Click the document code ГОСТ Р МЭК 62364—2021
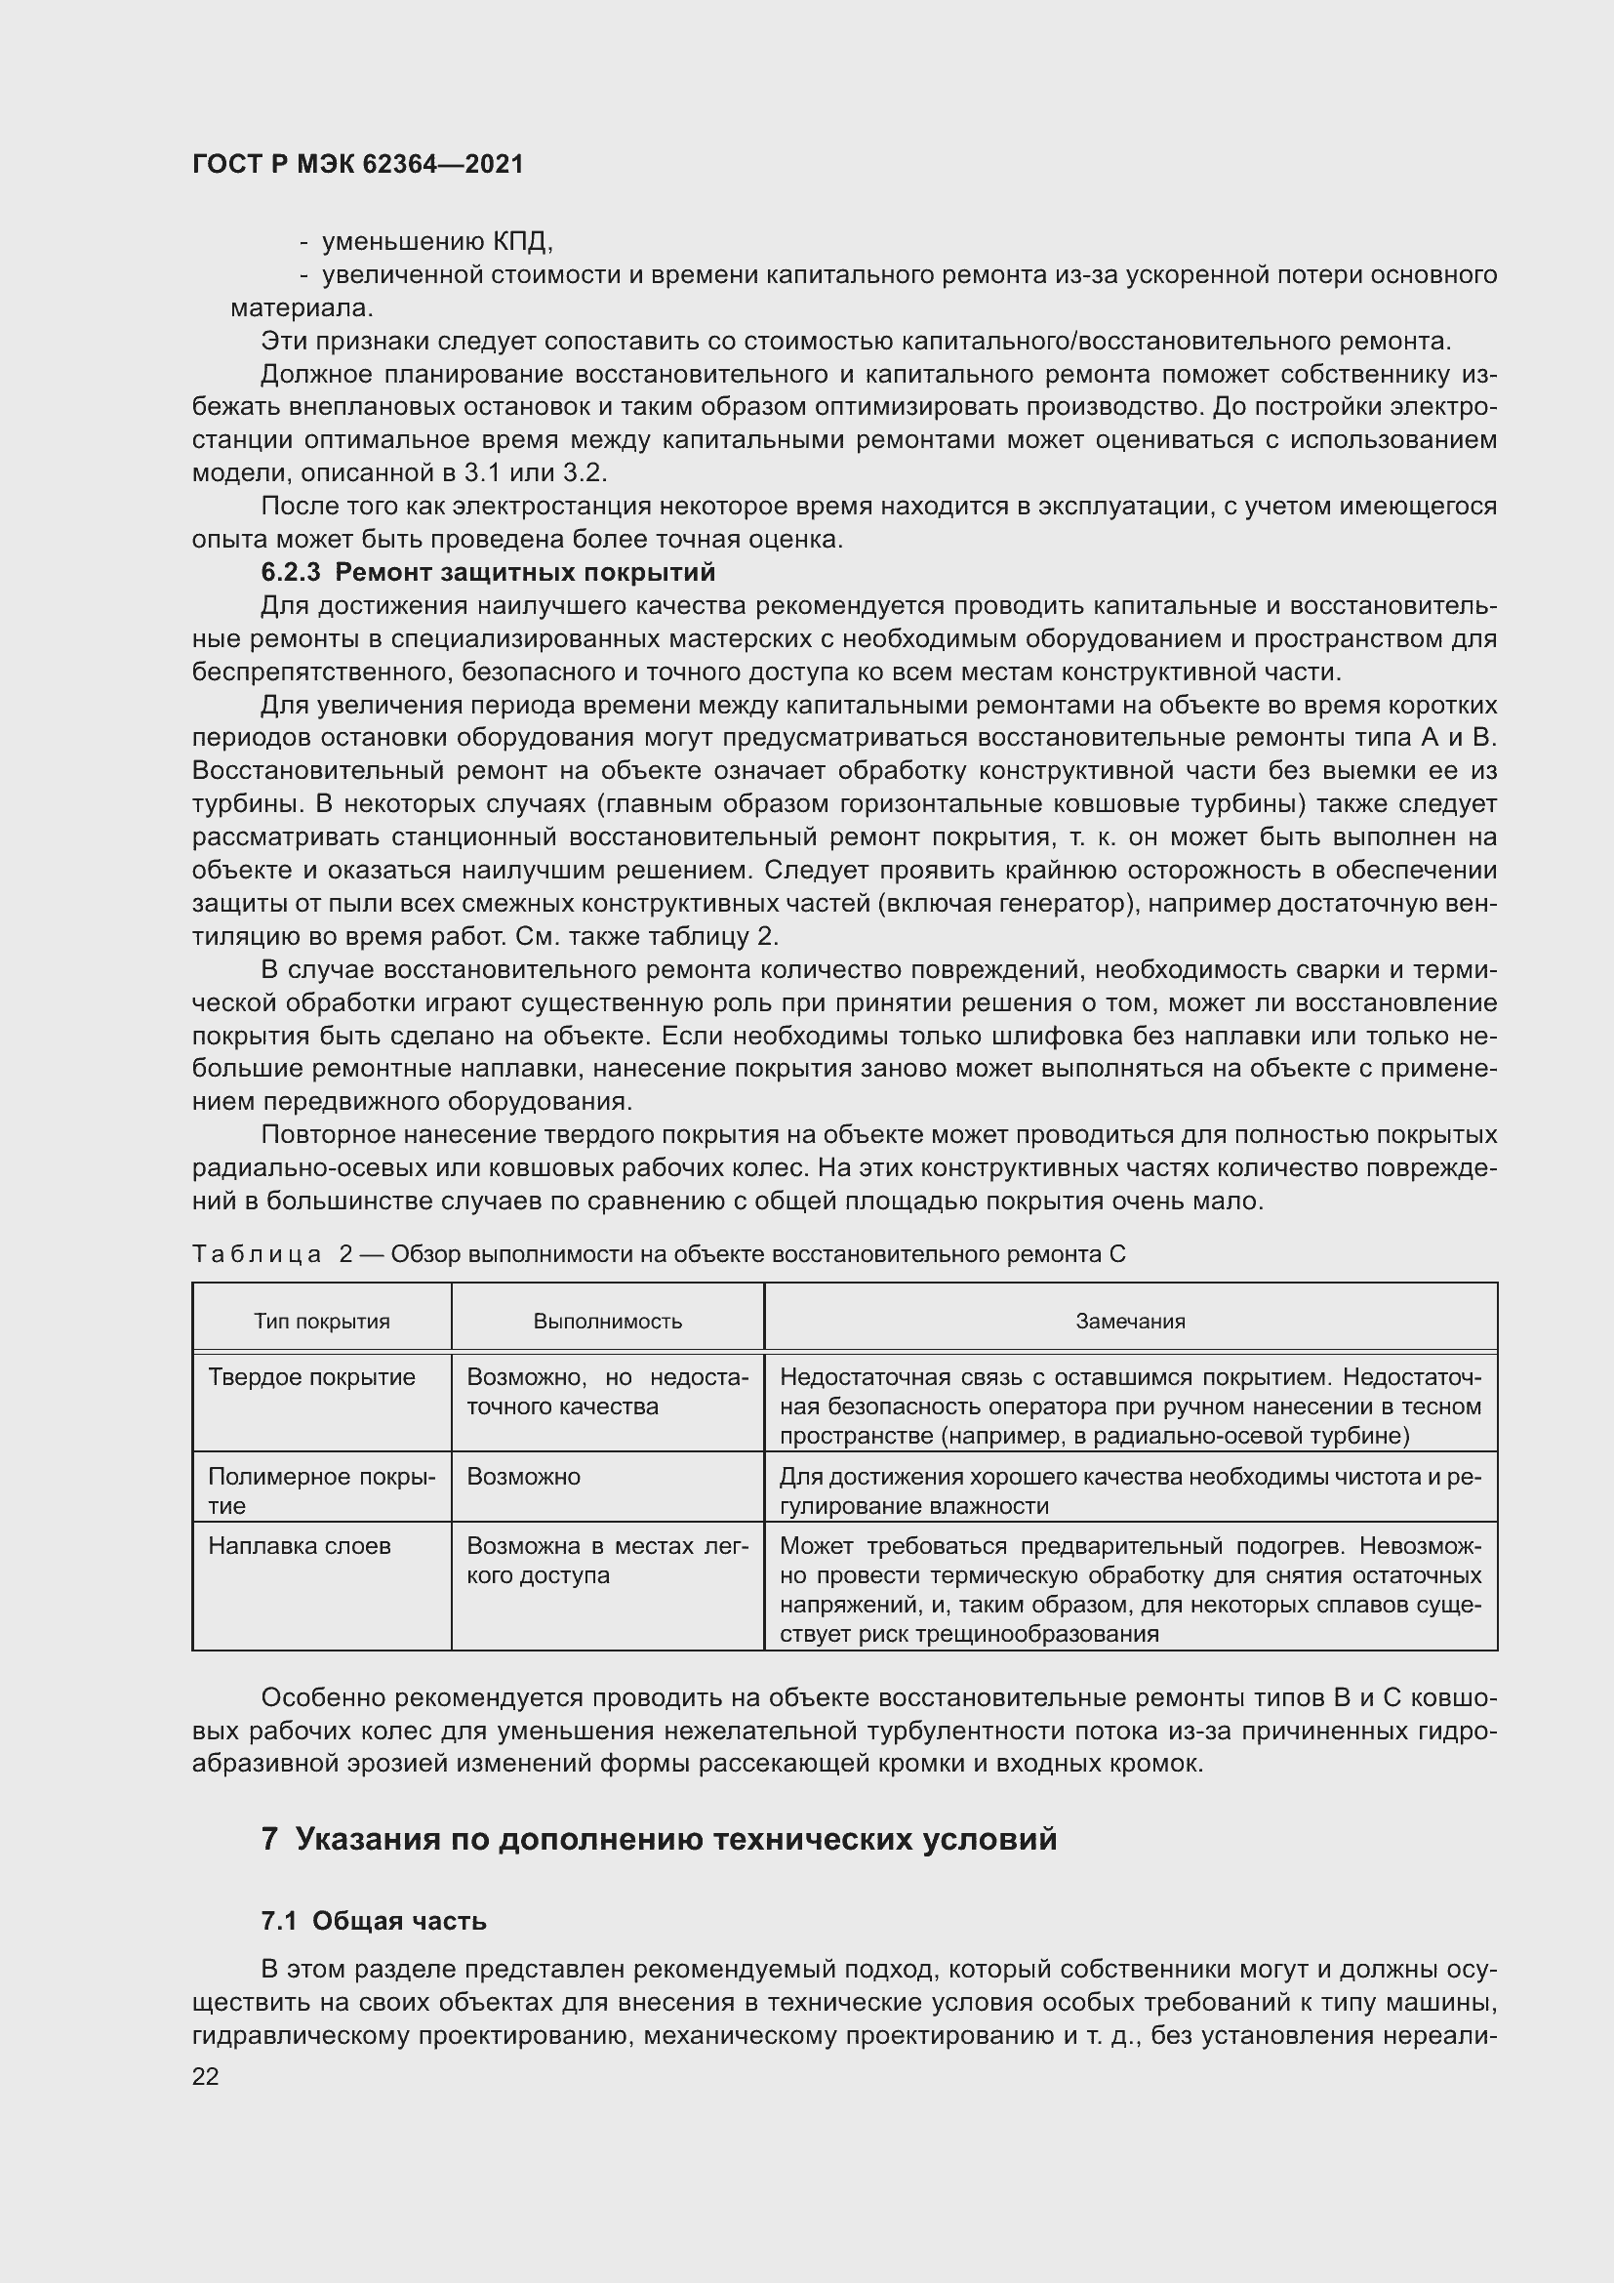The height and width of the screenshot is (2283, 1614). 358,164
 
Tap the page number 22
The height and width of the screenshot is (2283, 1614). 205,2076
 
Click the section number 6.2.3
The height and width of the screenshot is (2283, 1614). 290,573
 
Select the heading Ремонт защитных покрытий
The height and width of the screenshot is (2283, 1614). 525,573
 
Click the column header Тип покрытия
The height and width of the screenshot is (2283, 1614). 321,1322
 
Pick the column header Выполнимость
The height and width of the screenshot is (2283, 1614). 607,1322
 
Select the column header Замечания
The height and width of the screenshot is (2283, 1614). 1130,1322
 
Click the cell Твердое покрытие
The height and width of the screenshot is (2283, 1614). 311,1377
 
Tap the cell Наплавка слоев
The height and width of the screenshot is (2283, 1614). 300,1546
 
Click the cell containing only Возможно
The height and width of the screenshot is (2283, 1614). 523,1477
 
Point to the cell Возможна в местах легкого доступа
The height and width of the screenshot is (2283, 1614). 606,1560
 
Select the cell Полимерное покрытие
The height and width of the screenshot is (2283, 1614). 321,1490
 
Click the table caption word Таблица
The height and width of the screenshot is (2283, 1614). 256,1255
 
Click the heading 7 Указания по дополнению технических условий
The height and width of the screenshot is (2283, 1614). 659,1840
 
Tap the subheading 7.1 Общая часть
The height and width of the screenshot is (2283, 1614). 374,1921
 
